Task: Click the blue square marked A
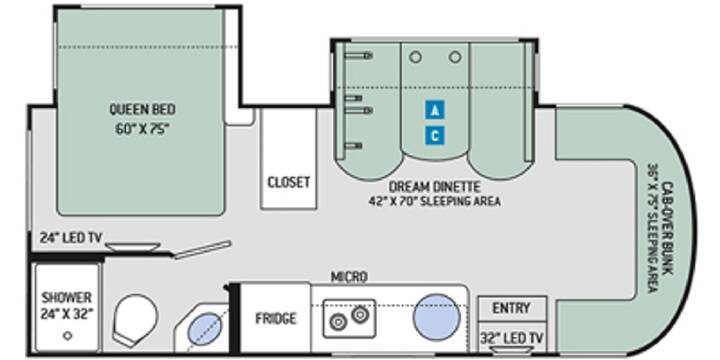point(435,110)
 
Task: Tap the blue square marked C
point(435,136)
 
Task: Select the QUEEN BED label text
point(142,109)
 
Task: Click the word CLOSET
point(289,182)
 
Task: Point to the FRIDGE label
point(276,318)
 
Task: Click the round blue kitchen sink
point(436,317)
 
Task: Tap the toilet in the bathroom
point(135,320)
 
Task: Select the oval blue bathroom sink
point(205,328)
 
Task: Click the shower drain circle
point(68,336)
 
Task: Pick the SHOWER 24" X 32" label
point(67,305)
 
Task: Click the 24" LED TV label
point(72,238)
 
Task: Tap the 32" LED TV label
point(512,338)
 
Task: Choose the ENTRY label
point(512,308)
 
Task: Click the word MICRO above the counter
point(349,277)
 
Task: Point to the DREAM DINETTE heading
point(434,187)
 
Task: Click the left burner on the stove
point(338,322)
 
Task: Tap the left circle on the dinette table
point(416,57)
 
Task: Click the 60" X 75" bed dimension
point(142,129)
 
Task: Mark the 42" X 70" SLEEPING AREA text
point(434,201)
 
